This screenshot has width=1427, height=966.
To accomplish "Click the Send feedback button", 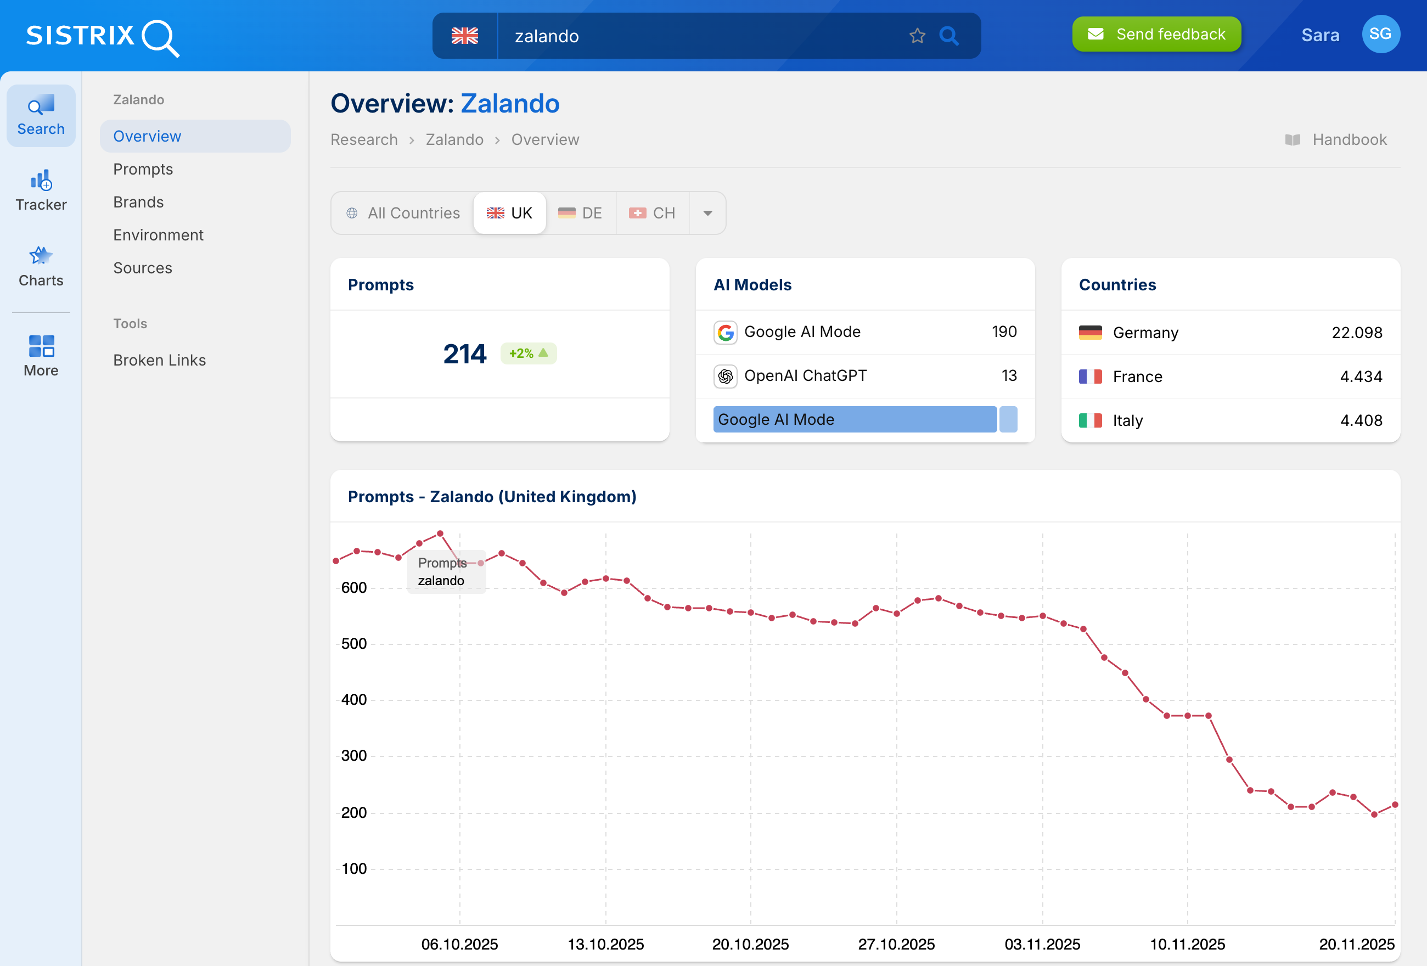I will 1156,35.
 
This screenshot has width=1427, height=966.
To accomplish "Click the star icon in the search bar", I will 917,36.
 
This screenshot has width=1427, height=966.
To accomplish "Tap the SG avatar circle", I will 1380,35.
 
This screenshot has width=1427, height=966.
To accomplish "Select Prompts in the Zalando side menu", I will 143,169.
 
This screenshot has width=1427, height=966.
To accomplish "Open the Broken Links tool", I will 159,360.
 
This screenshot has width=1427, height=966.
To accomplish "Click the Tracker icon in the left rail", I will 41,190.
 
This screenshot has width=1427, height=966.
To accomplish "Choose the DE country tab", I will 580,213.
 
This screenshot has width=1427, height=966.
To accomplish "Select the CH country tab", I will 652,213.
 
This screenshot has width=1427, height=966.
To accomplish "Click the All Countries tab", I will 403,213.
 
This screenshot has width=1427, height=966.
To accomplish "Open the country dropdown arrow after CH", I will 707,213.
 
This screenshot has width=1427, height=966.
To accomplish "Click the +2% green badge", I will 528,353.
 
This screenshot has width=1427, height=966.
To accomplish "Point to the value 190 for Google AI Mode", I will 1004,332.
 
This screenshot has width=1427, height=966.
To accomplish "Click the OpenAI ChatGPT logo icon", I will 725,376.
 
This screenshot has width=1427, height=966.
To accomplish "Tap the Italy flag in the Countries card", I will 1090,420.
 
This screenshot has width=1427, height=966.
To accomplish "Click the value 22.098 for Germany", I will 1356,332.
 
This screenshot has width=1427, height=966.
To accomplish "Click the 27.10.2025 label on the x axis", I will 896,944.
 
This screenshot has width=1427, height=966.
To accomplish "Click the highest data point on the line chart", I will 440,533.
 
